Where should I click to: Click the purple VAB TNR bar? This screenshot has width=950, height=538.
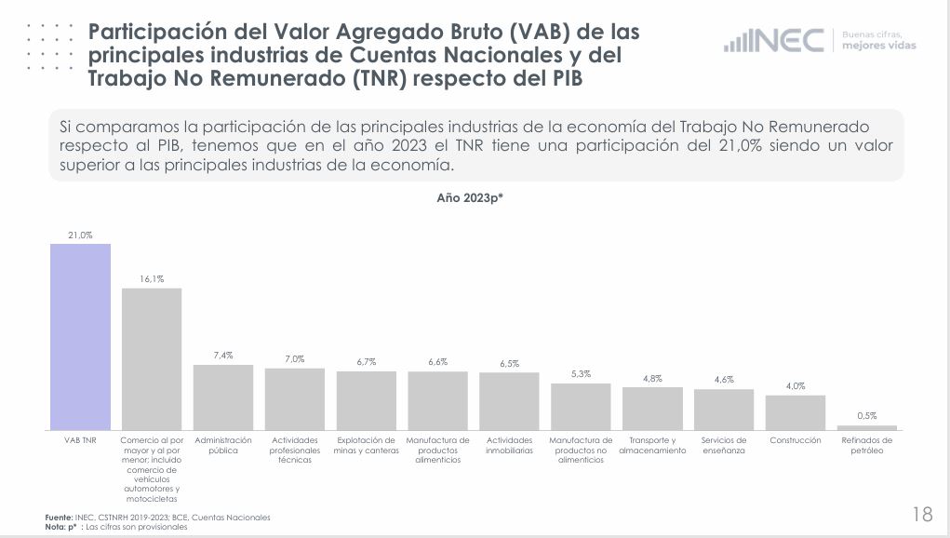pos(80,336)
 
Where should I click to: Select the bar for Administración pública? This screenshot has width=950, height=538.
pos(223,397)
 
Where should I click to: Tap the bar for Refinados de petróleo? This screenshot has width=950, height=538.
pos(867,427)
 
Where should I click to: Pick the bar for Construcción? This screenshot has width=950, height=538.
pos(796,412)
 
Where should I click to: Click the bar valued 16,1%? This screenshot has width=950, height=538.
pos(152,358)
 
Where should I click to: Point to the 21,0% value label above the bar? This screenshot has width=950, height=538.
pos(80,236)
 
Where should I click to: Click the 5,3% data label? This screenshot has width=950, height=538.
pos(581,374)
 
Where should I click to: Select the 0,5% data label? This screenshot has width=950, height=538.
pos(867,416)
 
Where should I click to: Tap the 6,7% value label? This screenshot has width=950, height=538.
pos(367,362)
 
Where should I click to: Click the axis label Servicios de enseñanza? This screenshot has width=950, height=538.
pos(724,445)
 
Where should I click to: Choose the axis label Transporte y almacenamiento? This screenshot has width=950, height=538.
pos(652,445)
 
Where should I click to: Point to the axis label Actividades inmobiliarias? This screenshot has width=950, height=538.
pos(509,445)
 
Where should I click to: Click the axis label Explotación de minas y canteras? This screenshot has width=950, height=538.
pos(367,445)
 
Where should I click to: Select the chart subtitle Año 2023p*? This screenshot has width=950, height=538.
pos(470,197)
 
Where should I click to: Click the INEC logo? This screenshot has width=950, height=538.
pos(774,41)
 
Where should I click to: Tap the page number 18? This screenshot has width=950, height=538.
pos(922,514)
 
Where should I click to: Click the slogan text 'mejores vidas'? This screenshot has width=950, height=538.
pos(877,46)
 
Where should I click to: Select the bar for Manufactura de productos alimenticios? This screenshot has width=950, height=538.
pos(437,400)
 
